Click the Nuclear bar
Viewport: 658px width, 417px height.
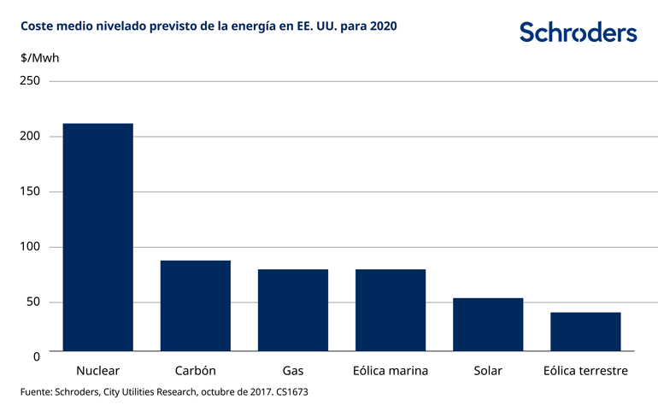[97, 237]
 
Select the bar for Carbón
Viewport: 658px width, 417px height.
[195, 305]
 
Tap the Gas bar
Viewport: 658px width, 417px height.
[292, 309]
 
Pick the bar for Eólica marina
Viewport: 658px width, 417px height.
[390, 309]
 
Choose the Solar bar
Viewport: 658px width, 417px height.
[487, 324]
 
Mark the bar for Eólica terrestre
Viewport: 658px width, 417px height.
[585, 331]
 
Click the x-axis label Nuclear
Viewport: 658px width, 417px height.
[97, 371]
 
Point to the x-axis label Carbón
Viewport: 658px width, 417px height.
[195, 371]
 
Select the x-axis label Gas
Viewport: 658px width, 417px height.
[292, 371]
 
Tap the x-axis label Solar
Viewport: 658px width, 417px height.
[487, 371]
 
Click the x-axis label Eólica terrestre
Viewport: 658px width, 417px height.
[585, 371]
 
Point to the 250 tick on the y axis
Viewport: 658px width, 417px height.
[31, 81]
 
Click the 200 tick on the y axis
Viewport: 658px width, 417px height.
[31, 137]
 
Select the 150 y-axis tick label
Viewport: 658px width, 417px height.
[31, 191]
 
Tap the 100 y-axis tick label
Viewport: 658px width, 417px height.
[31, 247]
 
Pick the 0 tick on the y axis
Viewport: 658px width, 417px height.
[37, 355]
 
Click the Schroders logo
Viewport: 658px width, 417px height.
[578, 32]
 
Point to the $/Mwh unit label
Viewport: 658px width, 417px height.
[39, 57]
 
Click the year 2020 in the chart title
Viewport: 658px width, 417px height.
[382, 26]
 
